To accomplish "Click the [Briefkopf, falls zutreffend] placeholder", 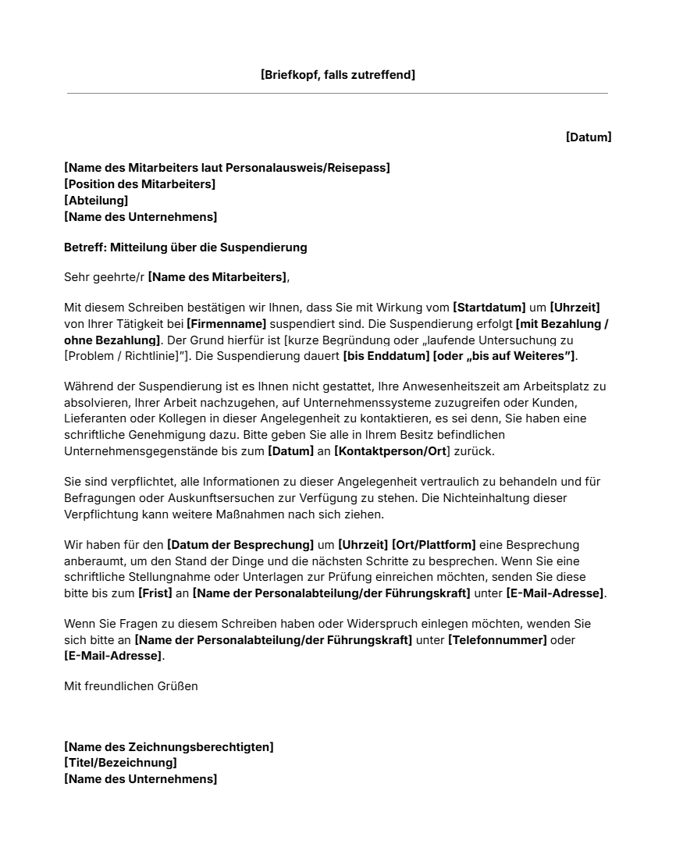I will click(x=337, y=75).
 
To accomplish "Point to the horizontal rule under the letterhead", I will click(x=337, y=94).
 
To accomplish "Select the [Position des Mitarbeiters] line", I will click(x=140, y=184).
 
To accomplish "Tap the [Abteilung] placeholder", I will click(x=96, y=201).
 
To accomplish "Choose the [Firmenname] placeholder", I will click(x=226, y=324).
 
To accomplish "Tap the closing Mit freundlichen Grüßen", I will click(x=131, y=686).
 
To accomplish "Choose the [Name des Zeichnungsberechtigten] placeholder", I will click(x=169, y=747).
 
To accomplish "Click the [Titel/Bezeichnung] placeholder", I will click(x=120, y=763).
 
